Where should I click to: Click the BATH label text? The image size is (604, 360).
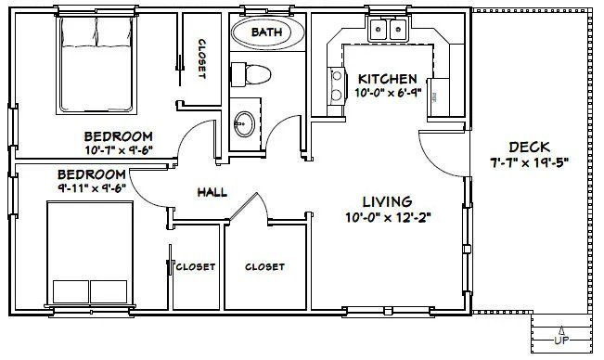point(268,33)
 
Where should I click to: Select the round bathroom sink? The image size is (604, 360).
point(245,122)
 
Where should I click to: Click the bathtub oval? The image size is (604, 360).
point(268,34)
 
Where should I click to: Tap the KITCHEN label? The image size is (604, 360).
point(389,79)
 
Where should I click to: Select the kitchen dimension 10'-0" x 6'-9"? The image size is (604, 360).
point(389,94)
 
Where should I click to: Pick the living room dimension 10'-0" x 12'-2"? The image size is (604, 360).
point(387,218)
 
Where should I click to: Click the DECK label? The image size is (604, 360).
point(529,147)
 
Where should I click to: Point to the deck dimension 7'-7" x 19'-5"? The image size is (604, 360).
point(529,162)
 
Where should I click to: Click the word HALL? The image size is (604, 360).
point(213,192)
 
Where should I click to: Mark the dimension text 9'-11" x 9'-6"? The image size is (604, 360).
point(91,190)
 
